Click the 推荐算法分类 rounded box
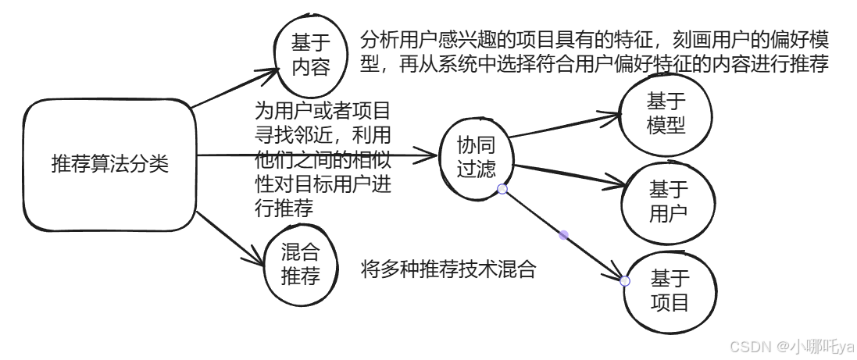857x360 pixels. (109, 166)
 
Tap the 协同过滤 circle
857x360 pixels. (477, 155)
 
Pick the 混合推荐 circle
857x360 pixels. (301, 262)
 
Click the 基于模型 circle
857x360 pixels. (666, 113)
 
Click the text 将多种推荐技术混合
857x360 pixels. (449, 270)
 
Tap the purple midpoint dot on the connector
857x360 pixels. (564, 234)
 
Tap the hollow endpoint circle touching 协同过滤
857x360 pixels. (502, 190)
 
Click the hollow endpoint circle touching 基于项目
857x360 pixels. (625, 281)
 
